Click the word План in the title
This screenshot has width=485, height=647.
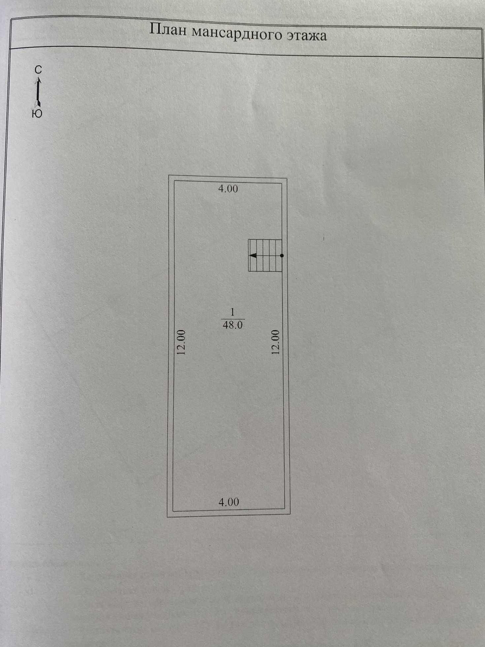[168, 30]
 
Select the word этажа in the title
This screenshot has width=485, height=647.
[307, 36]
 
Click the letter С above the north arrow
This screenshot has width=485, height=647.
[38, 70]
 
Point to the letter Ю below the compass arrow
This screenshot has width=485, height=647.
[37, 114]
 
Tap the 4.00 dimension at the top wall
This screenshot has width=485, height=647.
[228, 189]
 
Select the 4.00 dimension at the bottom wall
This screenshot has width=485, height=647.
[229, 502]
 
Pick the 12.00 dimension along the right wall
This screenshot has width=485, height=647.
[275, 342]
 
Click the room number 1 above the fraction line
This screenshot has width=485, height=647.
[232, 312]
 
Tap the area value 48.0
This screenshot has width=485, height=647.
[233, 325]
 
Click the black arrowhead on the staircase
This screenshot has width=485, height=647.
[253, 255]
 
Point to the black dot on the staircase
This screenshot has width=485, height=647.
[281, 255]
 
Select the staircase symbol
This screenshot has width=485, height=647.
[265, 255]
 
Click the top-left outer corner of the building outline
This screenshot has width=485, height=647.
[169, 176]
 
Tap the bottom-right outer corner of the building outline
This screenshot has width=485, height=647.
[290, 514]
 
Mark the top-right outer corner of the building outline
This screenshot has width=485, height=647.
[287, 179]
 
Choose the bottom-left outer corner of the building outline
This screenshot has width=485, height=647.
[167, 517]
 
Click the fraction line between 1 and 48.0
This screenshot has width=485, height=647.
[233, 319]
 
